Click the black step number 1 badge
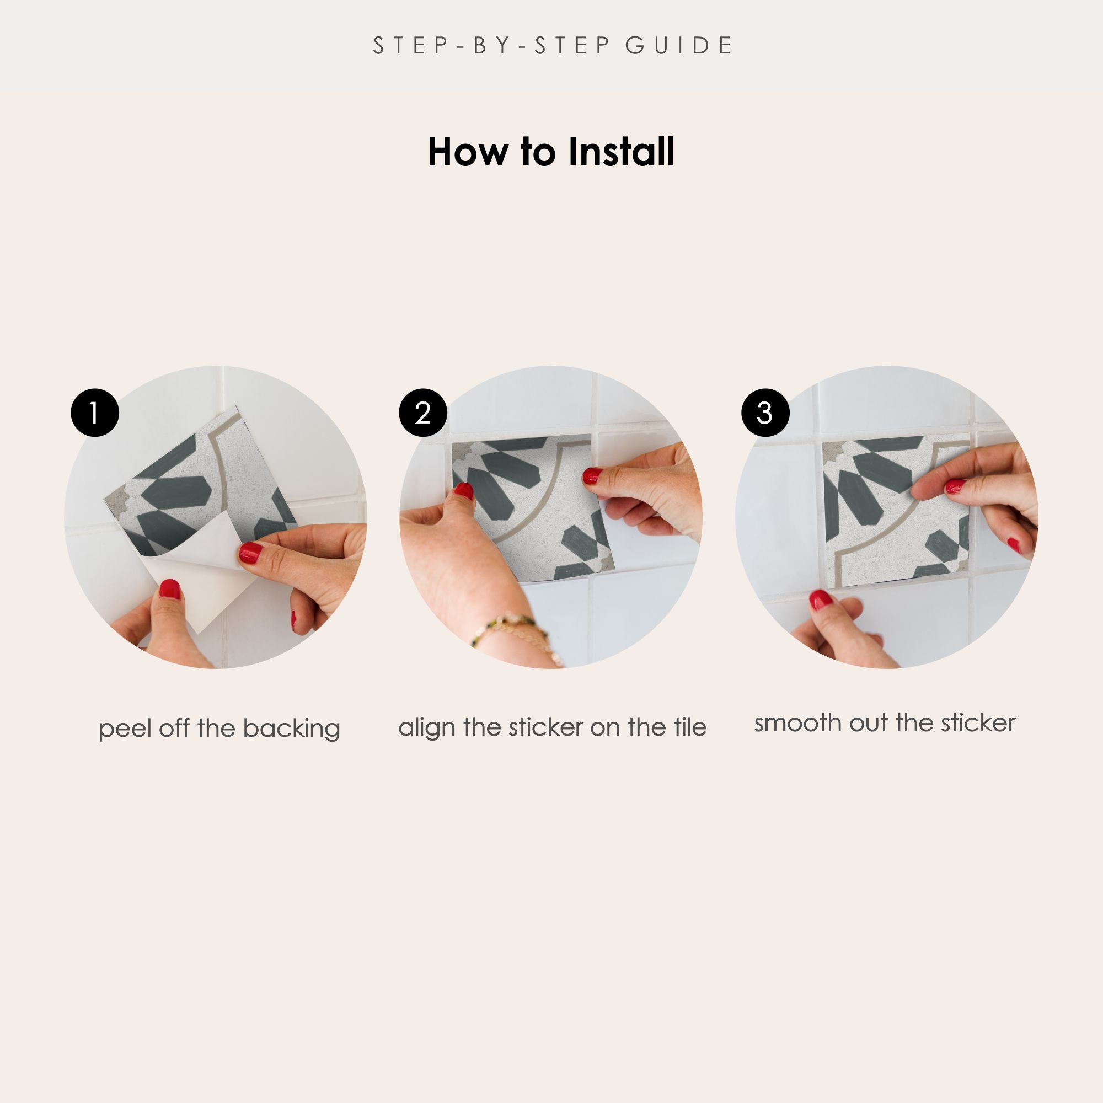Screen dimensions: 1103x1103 pyautogui.click(x=95, y=413)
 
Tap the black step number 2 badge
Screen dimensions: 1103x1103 pyautogui.click(x=423, y=413)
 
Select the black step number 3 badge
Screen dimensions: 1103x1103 pyautogui.click(x=765, y=413)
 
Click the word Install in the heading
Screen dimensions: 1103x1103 pyautogui.click(x=621, y=152)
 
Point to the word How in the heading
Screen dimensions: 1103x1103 pyautogui.click(x=468, y=152)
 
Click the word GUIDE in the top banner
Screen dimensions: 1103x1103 pyautogui.click(x=679, y=46)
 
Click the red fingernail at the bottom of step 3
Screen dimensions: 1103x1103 pyautogui.click(x=821, y=600)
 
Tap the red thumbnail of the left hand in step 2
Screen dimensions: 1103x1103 pyautogui.click(x=464, y=491)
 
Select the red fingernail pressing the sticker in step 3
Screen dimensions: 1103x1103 pyautogui.click(x=955, y=486)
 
